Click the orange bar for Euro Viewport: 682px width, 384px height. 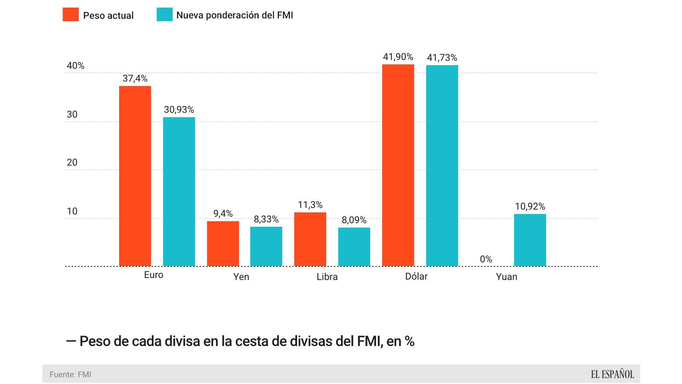click(135, 176)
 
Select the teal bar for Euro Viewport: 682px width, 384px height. click(179, 192)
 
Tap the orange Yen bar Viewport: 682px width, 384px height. click(223, 244)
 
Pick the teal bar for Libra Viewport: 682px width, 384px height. click(354, 247)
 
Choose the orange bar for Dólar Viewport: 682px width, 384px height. click(398, 165)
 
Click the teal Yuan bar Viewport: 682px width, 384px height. click(530, 240)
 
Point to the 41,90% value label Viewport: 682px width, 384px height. click(398, 57)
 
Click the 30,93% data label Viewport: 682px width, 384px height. click(179, 110)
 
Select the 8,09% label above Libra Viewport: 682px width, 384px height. click(354, 220)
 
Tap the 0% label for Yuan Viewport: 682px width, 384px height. click(486, 259)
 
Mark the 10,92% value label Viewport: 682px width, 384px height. click(530, 206)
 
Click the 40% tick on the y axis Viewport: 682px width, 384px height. click(76, 66)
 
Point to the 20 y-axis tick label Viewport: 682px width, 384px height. click(72, 162)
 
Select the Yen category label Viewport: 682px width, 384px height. click(241, 277)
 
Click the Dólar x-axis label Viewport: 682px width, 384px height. click(416, 276)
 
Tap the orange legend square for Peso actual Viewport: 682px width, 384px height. click(71, 15)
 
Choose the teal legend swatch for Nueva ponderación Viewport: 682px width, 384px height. click(165, 15)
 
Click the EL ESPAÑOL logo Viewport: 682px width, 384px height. click(612, 374)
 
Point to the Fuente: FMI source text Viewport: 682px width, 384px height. click(70, 375)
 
